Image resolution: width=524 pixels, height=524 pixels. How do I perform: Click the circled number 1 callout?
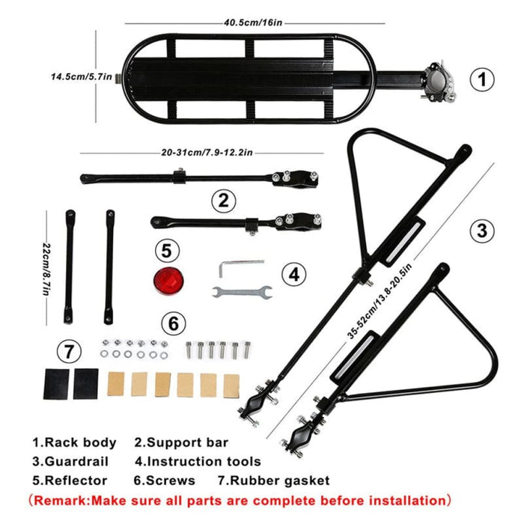click(484, 78)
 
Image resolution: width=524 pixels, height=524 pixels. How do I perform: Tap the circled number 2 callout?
click(222, 200)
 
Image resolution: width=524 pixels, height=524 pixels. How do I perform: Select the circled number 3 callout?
click(484, 231)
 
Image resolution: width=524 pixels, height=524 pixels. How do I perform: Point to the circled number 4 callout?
click(295, 275)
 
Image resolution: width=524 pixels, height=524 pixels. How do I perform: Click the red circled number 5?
click(168, 249)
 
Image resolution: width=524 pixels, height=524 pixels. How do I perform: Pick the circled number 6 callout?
click(173, 324)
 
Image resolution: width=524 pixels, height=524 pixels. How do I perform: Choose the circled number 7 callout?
click(70, 350)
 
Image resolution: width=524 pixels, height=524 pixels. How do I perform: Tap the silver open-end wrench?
click(242, 291)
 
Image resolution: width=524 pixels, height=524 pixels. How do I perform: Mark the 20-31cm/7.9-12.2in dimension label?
click(207, 152)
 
